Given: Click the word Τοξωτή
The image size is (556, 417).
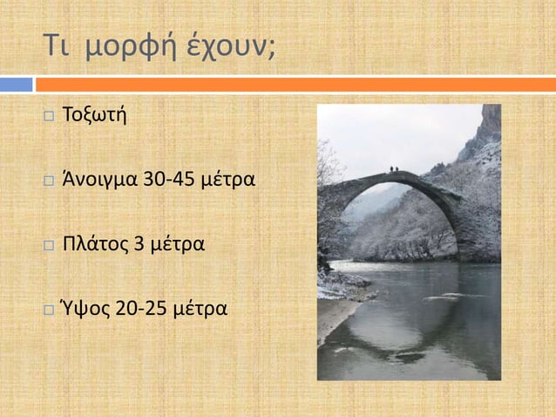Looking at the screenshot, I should tap(93, 116).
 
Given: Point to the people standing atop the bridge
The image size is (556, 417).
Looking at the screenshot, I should tap(394, 168).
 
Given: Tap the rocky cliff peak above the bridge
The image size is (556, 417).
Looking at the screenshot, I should tap(491, 122).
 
